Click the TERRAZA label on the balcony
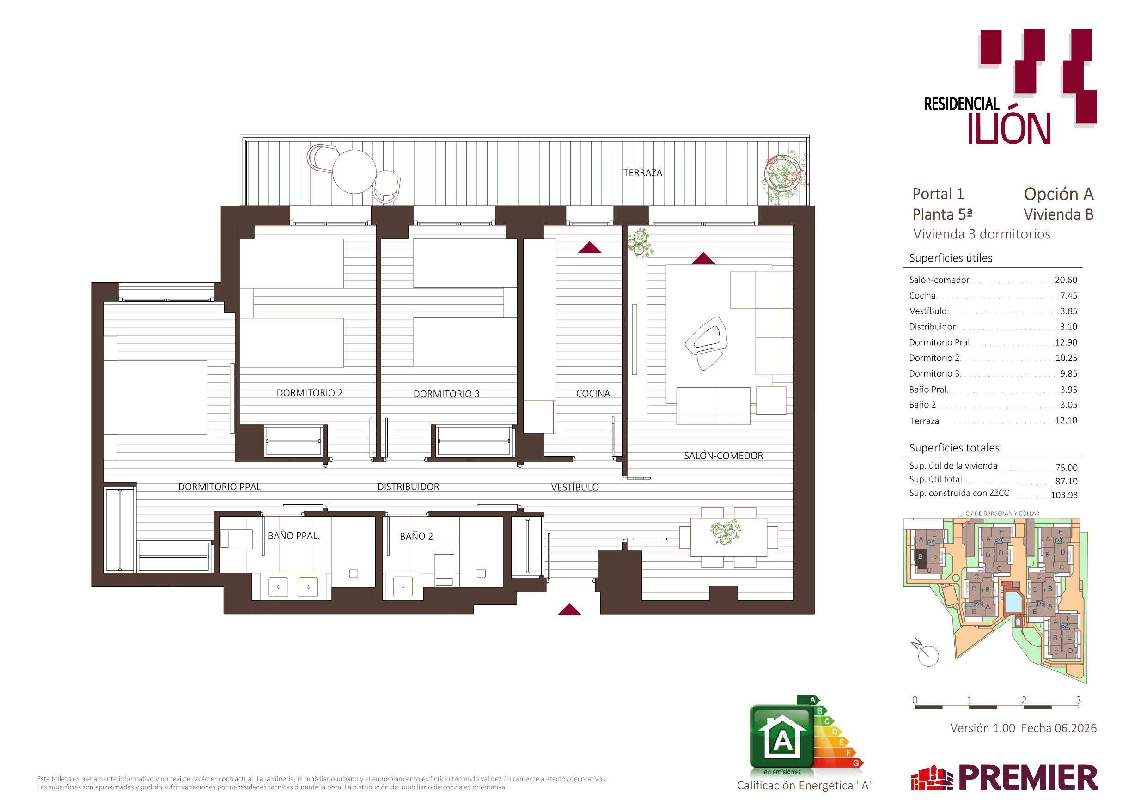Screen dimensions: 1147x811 coord(642,173)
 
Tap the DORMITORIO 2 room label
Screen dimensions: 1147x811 coord(310,393)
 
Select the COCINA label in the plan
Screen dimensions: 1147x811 coord(593,393)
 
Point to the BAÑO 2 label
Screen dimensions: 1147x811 coord(416,536)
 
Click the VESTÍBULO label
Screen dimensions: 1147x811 coord(574,487)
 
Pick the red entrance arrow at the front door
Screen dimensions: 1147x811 coord(569,609)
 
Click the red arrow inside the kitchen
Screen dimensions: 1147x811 coord(590,247)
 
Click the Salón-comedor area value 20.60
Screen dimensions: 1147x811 coord(1066,280)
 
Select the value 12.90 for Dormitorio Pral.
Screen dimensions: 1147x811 coord(1066,342)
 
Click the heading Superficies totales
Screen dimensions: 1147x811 coord(954,448)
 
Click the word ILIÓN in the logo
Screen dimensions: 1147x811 coord(1009,128)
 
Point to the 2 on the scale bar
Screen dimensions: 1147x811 coord(1024,700)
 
